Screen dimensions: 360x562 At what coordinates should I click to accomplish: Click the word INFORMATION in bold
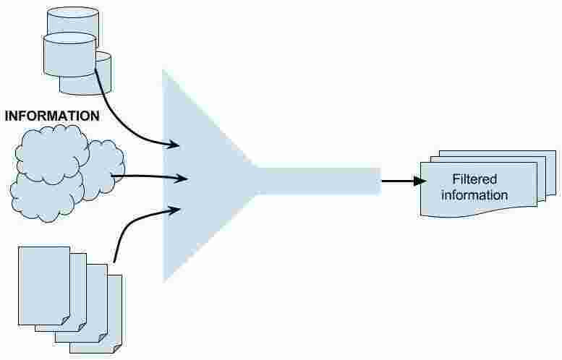52,115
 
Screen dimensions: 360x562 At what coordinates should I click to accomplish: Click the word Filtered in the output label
474,179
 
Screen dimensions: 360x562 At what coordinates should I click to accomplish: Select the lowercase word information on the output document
474,195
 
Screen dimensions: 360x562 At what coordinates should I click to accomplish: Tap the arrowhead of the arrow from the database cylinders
174,145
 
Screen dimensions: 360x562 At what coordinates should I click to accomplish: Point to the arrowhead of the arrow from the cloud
173,176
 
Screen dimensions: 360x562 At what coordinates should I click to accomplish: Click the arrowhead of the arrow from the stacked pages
174,210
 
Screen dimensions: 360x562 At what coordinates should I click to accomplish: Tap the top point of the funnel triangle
164,71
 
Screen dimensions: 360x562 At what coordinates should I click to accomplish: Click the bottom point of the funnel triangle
164,280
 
